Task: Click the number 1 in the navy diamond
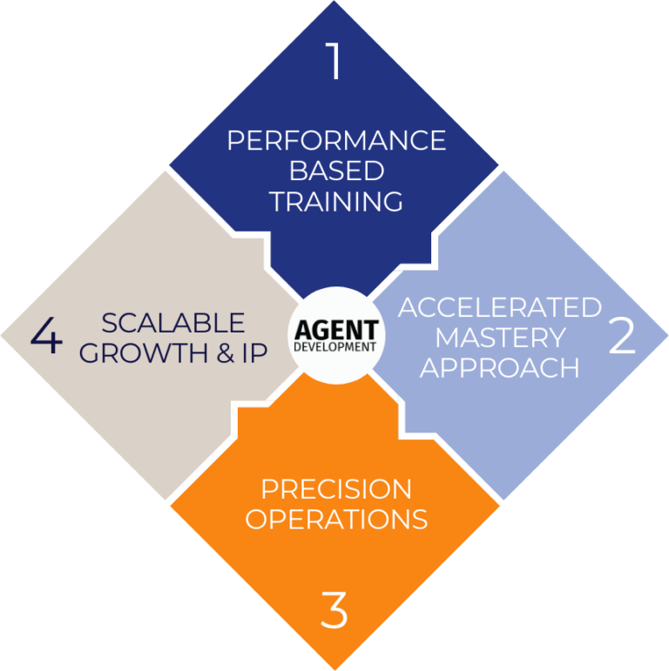click(334, 61)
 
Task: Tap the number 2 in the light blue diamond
click(622, 335)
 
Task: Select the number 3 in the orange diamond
click(334, 610)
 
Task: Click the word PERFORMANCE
click(336, 140)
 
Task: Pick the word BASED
click(336, 171)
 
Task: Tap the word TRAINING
click(336, 202)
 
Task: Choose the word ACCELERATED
click(500, 307)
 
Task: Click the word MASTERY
click(500, 338)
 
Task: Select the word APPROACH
click(500, 367)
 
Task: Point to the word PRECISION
click(336, 488)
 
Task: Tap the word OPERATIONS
click(336, 520)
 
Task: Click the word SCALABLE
click(173, 323)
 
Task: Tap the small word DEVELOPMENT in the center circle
click(335, 346)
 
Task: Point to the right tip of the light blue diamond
click(665, 335)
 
